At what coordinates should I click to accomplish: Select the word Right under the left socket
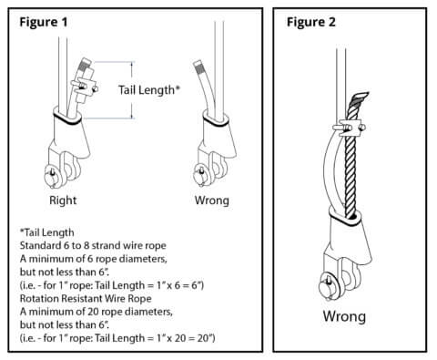(x=65, y=200)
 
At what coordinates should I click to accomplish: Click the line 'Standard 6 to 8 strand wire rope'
(x=103, y=247)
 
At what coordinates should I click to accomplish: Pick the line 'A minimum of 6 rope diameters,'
(x=99, y=260)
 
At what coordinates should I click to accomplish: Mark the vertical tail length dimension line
(x=134, y=90)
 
